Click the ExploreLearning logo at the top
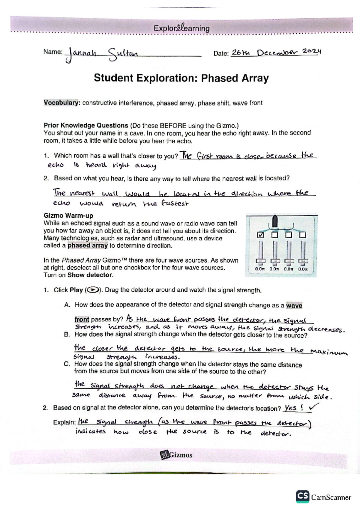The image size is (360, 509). [181, 28]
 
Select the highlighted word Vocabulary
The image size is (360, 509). [62, 103]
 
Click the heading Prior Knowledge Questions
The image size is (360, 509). [86, 125]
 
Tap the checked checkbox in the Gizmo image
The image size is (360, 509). [261, 235]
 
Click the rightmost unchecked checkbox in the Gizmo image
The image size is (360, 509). [303, 235]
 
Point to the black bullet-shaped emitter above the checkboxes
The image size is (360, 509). [274, 221]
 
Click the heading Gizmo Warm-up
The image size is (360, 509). [68, 216]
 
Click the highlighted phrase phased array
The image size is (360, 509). [87, 246]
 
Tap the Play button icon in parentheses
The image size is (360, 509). [93, 290]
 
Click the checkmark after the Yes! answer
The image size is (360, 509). [314, 407]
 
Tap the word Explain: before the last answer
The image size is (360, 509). [64, 422]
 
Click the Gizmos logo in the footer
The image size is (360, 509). [176, 455]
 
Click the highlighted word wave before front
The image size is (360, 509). [294, 305]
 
